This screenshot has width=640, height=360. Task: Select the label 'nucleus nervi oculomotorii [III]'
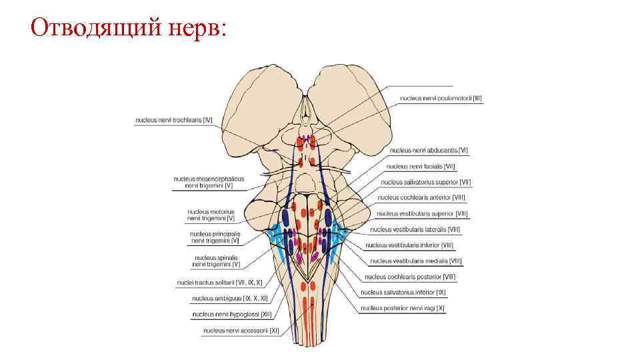pyautogui.click(x=441, y=98)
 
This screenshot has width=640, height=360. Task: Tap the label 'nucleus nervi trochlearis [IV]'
pyautogui.click(x=173, y=121)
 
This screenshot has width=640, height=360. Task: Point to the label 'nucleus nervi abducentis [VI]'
pyautogui.click(x=429, y=151)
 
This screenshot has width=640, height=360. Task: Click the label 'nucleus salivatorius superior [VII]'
pyautogui.click(x=426, y=182)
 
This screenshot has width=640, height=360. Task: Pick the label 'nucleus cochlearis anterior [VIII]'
pyautogui.click(x=421, y=198)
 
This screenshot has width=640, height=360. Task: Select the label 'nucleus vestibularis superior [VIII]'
pyautogui.click(x=422, y=214)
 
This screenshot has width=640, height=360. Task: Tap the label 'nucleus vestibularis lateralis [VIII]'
pyautogui.click(x=415, y=229)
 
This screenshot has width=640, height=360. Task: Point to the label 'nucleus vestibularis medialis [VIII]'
pyautogui.click(x=415, y=261)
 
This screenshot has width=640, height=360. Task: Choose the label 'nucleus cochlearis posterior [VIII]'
pyautogui.click(x=411, y=277)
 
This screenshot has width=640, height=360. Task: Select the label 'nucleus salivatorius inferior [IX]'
pyautogui.click(x=403, y=292)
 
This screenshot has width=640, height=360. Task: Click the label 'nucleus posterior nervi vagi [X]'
pyautogui.click(x=403, y=308)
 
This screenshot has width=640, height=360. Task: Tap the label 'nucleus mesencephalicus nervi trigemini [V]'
pyautogui.click(x=209, y=183)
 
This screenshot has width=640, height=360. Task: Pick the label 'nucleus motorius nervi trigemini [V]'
pyautogui.click(x=211, y=215)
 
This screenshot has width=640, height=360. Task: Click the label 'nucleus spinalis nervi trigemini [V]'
pyautogui.click(x=216, y=261)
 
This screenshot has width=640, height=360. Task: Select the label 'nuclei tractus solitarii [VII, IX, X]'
pyautogui.click(x=219, y=283)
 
